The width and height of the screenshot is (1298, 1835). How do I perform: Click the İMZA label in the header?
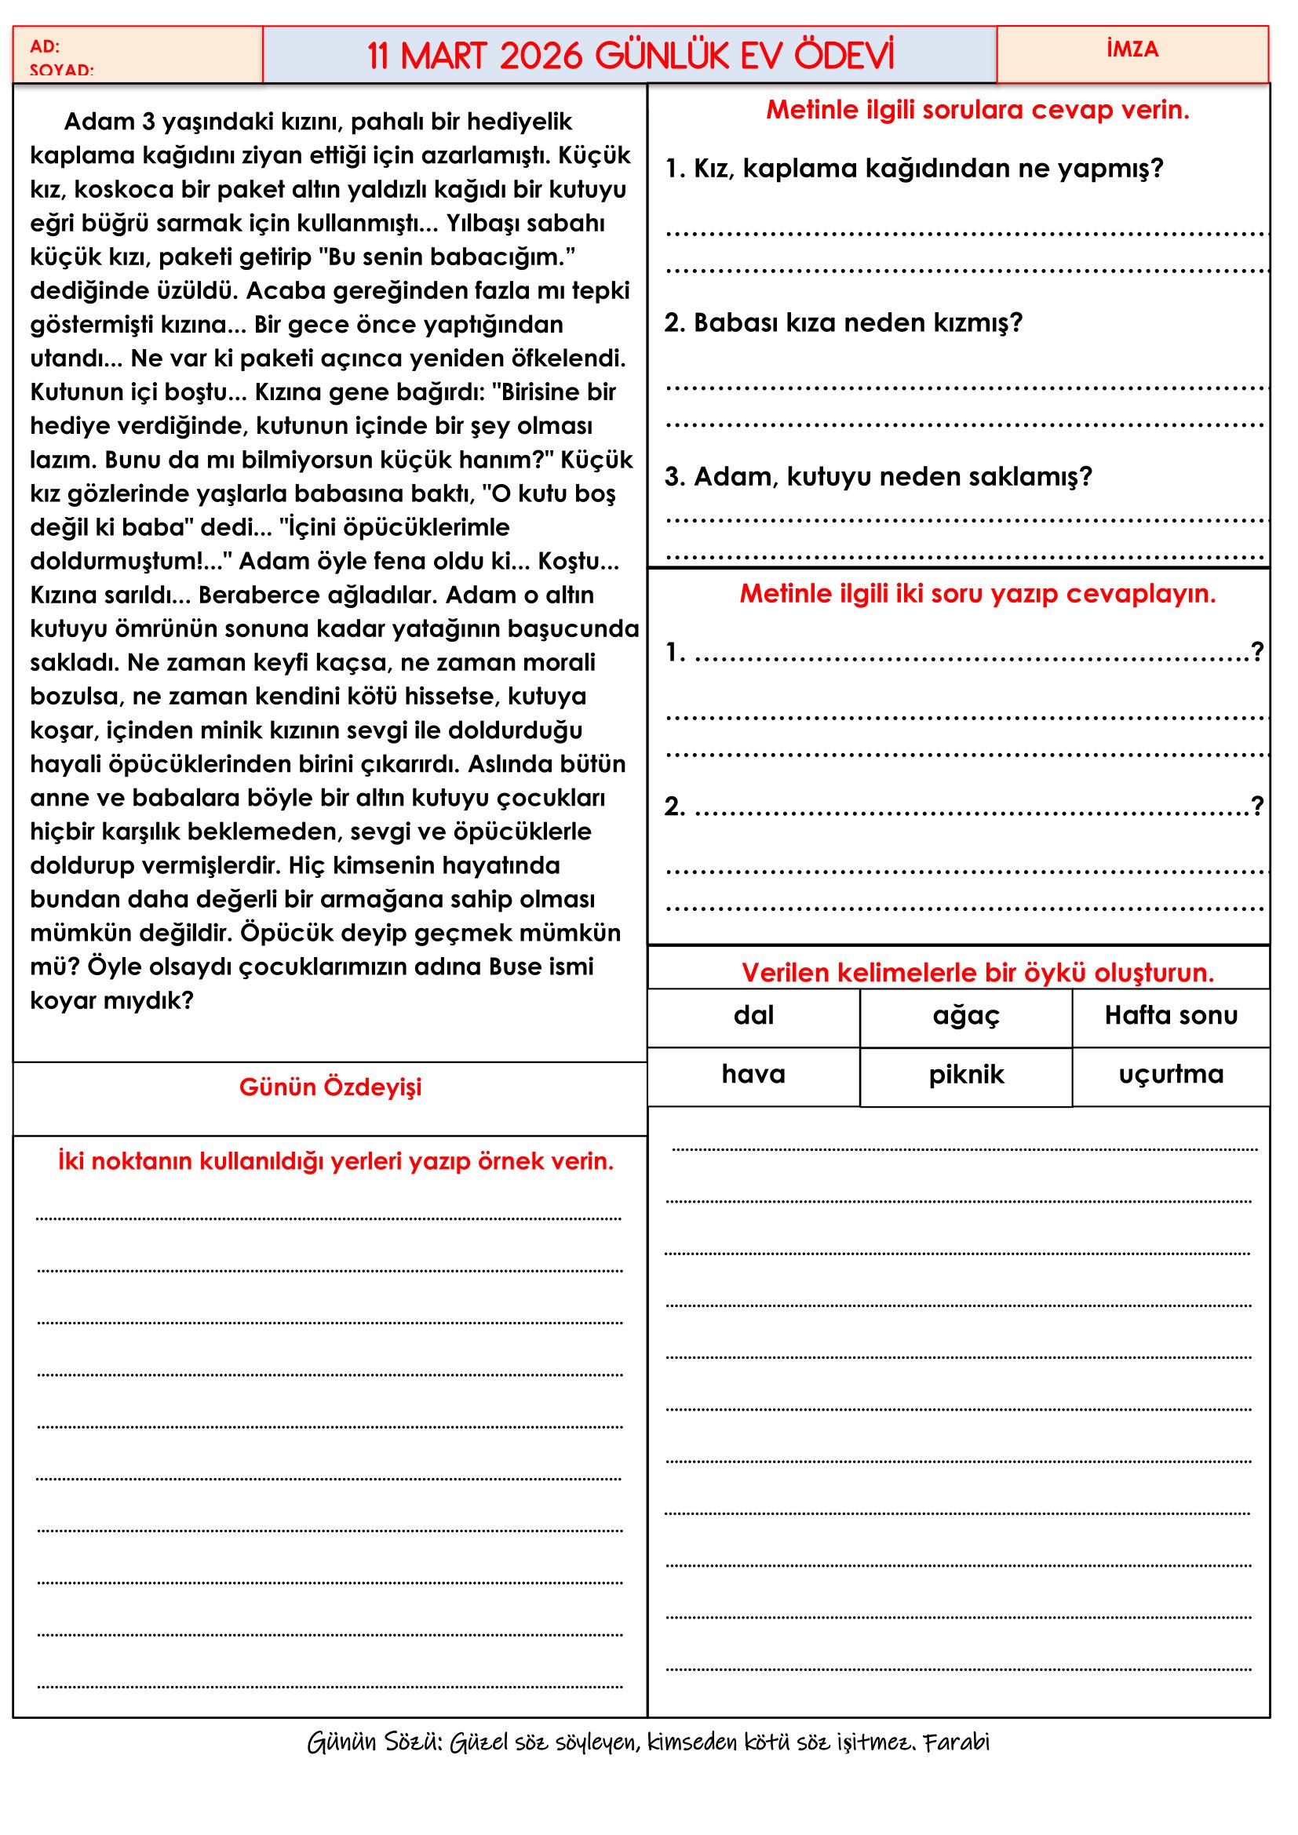pyautogui.click(x=1132, y=49)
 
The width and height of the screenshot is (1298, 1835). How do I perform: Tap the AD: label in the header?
pyautogui.click(x=45, y=46)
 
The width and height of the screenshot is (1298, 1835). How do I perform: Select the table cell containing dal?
pyautogui.click(x=753, y=1016)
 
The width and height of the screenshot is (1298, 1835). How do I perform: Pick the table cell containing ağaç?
pyautogui.click(x=965, y=1016)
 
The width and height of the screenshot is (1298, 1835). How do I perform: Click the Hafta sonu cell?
pyautogui.click(x=1170, y=1016)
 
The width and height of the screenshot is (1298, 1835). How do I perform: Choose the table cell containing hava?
pyautogui.click(x=753, y=1074)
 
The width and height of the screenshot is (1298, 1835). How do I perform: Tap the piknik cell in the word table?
pyautogui.click(x=965, y=1075)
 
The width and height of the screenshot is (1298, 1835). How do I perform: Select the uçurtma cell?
pyautogui.click(x=1170, y=1075)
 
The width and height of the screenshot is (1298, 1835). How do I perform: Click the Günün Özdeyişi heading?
pyautogui.click(x=330, y=1087)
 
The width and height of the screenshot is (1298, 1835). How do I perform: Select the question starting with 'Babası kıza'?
pyautogui.click(x=843, y=323)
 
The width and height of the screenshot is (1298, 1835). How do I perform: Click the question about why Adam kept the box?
pyautogui.click(x=877, y=477)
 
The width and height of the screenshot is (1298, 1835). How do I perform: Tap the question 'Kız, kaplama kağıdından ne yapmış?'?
pyautogui.click(x=913, y=169)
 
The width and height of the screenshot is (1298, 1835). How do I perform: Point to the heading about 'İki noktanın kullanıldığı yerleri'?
pyautogui.click(x=336, y=1161)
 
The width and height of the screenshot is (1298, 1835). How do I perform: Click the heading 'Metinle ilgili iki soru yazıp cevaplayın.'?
pyautogui.click(x=977, y=594)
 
